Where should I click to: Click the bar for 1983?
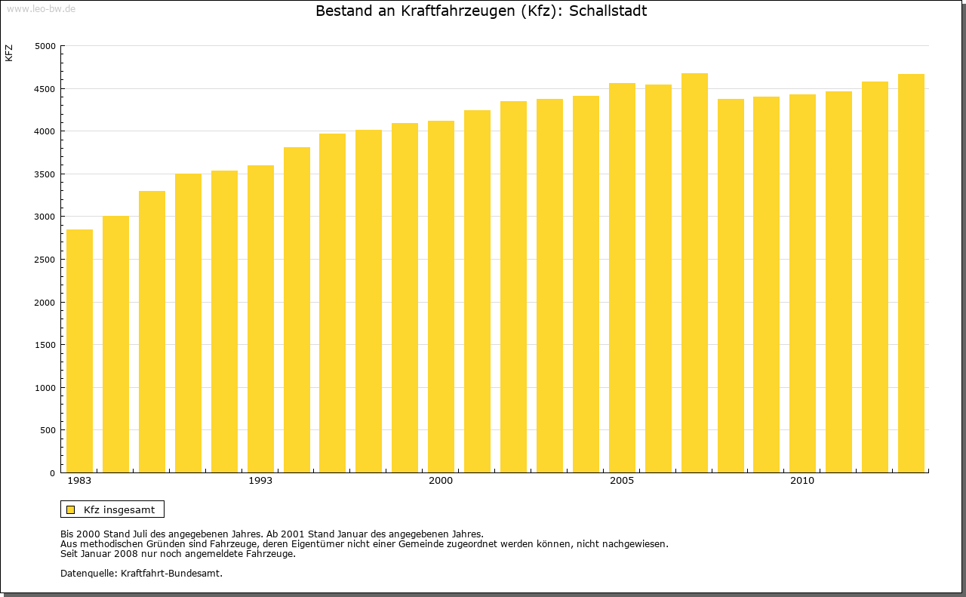pyautogui.click(x=79, y=351)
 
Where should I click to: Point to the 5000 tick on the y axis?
pyautogui.click(x=46, y=46)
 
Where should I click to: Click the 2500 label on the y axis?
pyautogui.click(x=46, y=260)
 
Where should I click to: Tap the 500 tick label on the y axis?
pyautogui.click(x=48, y=430)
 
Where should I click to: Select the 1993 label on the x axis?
pyautogui.click(x=260, y=481)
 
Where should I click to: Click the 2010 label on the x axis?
pyautogui.click(x=802, y=481)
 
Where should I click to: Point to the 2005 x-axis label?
pyautogui.click(x=622, y=481)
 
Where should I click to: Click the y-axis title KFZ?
pyautogui.click(x=9, y=54)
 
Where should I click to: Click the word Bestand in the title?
pyautogui.click(x=341, y=11)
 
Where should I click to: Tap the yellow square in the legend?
pyautogui.click(x=70, y=509)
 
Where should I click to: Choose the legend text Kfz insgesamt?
pyautogui.click(x=119, y=509)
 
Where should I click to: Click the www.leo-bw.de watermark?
pyautogui.click(x=40, y=8)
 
